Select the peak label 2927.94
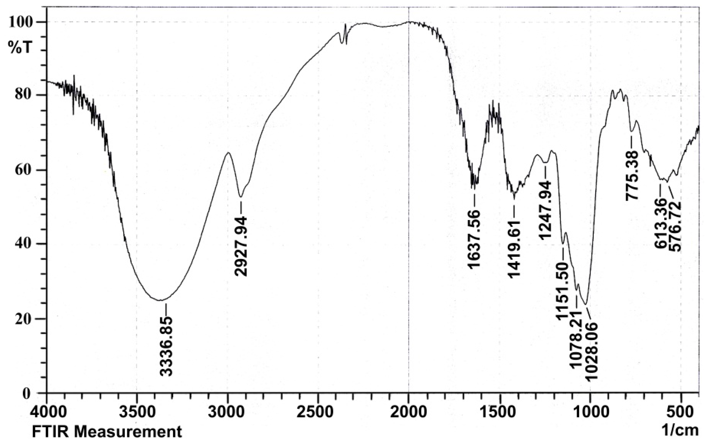click(x=241, y=246)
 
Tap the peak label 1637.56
click(x=474, y=239)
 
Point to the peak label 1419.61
click(x=514, y=249)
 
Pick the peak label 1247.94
click(x=545, y=214)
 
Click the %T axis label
click(x=19, y=47)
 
